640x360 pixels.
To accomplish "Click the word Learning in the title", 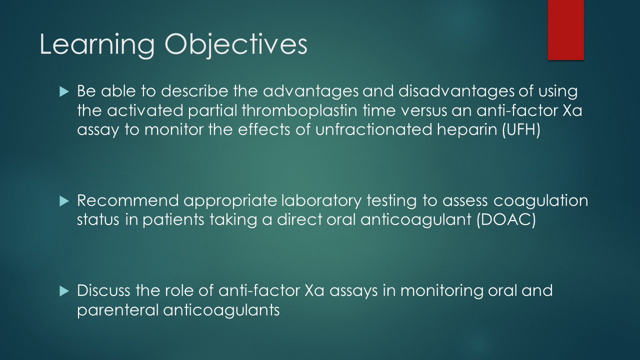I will click(x=97, y=45).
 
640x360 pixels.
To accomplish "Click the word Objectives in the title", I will click(x=235, y=45).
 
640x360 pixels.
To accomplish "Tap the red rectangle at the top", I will click(x=565, y=30).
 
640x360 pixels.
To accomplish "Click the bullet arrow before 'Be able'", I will click(x=63, y=92).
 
